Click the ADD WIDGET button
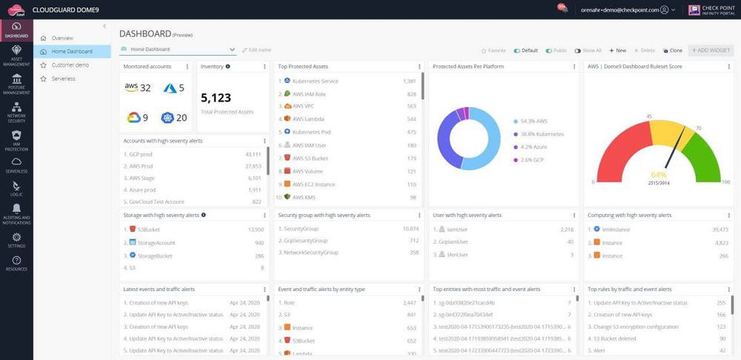click(711, 50)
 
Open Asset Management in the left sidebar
click(16, 55)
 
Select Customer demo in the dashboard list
click(70, 65)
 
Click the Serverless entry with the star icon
click(63, 79)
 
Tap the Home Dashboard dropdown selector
click(178, 50)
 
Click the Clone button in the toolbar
click(672, 50)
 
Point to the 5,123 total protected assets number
click(216, 97)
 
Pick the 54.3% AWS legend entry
click(533, 121)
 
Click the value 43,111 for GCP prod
click(253, 154)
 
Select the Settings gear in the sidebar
click(16, 240)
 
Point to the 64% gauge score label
click(658, 175)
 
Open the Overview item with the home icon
click(62, 38)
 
